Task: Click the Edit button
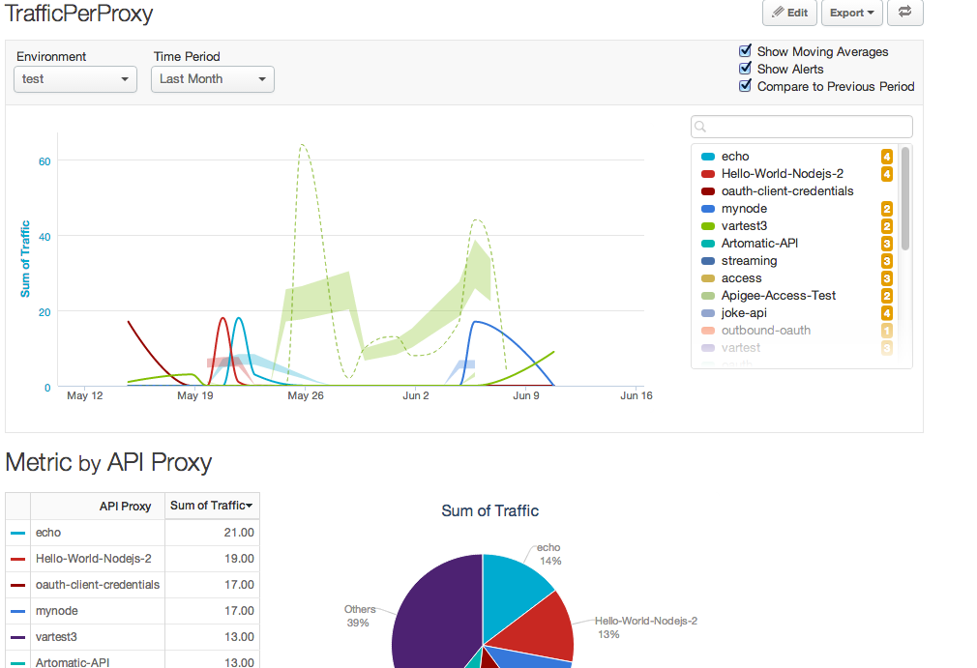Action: (789, 13)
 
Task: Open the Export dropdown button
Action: (851, 13)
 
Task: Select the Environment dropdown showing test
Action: (74, 79)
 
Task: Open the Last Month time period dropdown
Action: (212, 79)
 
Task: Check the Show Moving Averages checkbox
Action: (745, 51)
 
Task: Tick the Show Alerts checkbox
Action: (745, 69)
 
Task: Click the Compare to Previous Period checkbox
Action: (745, 86)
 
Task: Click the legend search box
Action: (802, 127)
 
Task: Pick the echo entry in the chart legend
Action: (735, 157)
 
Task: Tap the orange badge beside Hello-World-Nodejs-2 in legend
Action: (886, 174)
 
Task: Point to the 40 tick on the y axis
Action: (44, 236)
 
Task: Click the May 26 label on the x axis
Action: (305, 395)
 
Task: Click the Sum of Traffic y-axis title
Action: (25, 259)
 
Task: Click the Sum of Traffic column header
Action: (212, 506)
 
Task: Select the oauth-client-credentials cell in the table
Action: (97, 585)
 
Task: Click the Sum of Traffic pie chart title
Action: (489, 510)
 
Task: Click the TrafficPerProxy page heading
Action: (79, 14)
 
